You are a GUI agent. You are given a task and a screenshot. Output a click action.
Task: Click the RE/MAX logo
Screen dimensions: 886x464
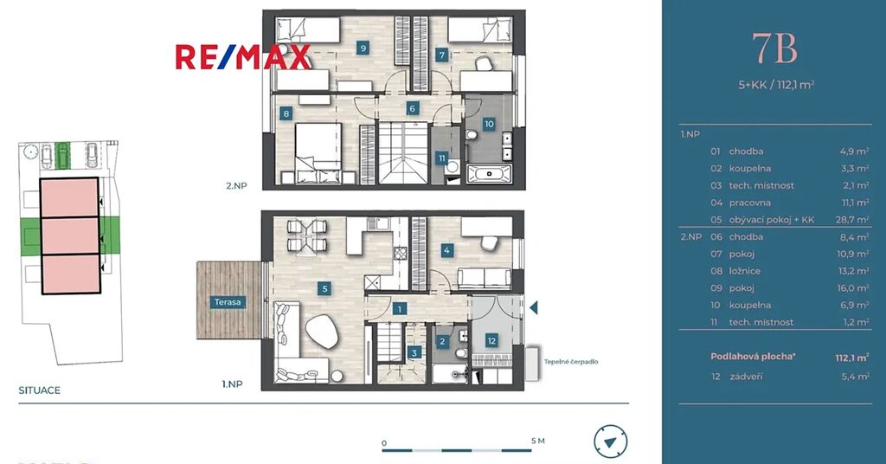tap(243, 57)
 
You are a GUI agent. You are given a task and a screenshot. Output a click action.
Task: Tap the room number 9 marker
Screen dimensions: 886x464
tap(363, 48)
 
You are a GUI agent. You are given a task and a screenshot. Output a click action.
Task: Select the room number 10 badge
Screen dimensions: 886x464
tap(489, 124)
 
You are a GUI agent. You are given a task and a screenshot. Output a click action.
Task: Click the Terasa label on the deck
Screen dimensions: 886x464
tap(228, 302)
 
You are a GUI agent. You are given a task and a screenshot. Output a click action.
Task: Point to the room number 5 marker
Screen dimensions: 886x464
tap(324, 289)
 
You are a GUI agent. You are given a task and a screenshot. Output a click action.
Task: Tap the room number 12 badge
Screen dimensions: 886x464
tap(491, 341)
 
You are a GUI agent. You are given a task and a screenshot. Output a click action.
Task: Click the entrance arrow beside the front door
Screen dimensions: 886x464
tap(533, 307)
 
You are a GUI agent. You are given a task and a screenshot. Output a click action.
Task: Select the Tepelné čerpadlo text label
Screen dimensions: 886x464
tap(571, 362)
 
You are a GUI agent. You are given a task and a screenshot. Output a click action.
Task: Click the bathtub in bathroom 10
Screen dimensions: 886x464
tap(490, 173)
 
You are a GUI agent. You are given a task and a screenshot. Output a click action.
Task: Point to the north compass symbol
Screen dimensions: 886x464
tap(610, 442)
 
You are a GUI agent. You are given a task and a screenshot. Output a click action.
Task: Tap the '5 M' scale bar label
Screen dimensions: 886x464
tap(538, 441)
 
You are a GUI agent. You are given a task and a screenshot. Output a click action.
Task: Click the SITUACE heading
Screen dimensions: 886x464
tap(40, 390)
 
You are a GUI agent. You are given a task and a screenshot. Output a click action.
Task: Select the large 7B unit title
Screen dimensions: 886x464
tap(774, 48)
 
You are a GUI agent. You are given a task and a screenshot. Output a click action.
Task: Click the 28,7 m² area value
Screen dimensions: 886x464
tap(852, 219)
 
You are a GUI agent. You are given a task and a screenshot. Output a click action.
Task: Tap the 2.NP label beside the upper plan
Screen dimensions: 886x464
tap(236, 185)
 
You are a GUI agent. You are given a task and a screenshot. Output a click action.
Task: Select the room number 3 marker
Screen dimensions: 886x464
tap(414, 353)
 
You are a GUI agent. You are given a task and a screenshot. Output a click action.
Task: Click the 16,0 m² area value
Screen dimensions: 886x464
tap(853, 287)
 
